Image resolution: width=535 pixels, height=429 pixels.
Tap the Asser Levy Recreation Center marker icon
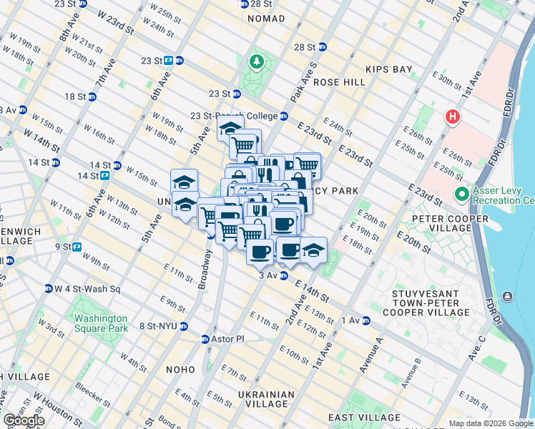(x=461, y=194)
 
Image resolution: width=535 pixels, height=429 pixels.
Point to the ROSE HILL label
(x=339, y=82)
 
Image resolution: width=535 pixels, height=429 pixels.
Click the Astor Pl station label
(x=227, y=339)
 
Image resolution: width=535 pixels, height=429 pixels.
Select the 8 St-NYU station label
(x=161, y=326)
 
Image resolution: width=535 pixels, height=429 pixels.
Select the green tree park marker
(x=255, y=62)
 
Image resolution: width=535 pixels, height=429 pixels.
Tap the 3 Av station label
(x=267, y=275)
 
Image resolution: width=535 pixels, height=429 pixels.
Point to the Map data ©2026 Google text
(x=490, y=423)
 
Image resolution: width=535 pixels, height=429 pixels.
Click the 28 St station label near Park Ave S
(x=305, y=47)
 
